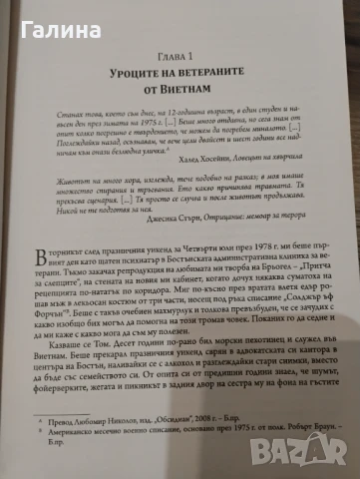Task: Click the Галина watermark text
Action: pyautogui.click(x=33, y=15)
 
